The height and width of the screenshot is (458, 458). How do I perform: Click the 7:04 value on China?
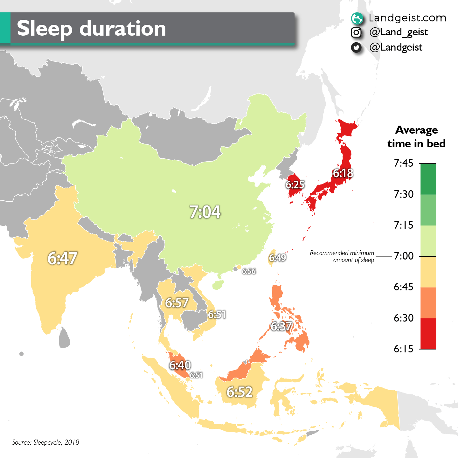[205, 212]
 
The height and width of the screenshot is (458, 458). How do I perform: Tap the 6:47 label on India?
[62, 258]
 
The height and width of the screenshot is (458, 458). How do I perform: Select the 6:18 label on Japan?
[343, 173]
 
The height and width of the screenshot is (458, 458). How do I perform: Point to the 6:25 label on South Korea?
[295, 184]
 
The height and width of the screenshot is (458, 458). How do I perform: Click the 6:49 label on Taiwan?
[277, 257]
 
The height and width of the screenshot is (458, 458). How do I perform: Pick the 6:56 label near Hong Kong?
[249, 271]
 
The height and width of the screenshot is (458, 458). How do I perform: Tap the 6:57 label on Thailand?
[177, 303]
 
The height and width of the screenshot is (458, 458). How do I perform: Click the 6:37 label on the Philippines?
[281, 326]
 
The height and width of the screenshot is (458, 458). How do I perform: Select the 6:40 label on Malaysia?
[180, 365]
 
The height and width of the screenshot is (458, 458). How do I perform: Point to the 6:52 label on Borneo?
[239, 392]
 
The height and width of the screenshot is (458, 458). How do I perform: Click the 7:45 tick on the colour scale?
[404, 163]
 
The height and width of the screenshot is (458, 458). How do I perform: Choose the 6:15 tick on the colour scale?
[404, 349]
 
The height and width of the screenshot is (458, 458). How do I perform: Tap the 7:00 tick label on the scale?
[404, 256]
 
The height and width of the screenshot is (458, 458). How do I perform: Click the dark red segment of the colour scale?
[428, 334]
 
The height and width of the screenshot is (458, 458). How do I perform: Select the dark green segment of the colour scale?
[428, 179]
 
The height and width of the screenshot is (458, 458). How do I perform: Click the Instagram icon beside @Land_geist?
[356, 32]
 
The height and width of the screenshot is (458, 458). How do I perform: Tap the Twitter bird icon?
[356, 48]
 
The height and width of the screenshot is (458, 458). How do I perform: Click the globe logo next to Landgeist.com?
[357, 18]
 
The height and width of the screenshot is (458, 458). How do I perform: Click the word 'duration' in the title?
[122, 29]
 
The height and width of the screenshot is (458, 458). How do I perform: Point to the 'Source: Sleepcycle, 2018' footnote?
[46, 442]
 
